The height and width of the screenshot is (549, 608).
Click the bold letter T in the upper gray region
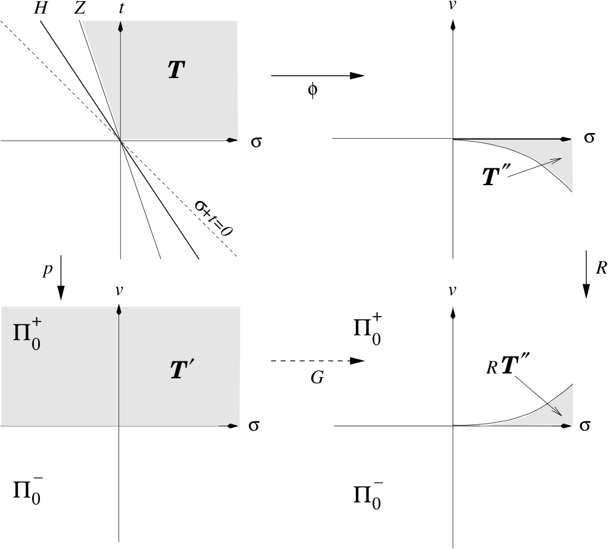(175, 71)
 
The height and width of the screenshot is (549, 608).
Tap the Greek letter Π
(22, 332)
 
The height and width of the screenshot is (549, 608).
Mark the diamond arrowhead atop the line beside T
(120, 27)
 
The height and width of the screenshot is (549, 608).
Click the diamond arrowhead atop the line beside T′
(118, 310)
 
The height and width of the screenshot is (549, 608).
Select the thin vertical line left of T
(120, 85)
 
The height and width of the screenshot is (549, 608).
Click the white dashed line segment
(311, 361)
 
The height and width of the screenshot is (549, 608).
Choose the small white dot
(575, 383)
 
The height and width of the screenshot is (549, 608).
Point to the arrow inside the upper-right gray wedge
(552, 162)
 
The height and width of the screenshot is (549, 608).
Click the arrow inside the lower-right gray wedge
(555, 409)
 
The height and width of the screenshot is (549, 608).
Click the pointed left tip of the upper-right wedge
(473, 141)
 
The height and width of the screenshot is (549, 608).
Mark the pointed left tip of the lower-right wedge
(482, 426)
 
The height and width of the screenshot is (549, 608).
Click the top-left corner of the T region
(82, 21)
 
